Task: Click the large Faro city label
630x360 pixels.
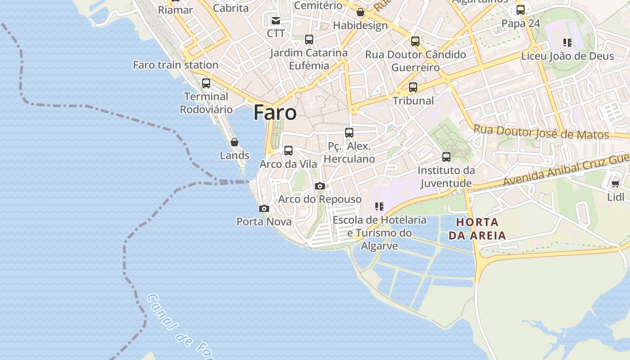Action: (275, 112)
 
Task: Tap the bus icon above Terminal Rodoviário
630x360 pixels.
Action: (206, 83)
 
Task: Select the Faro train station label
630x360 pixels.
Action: (175, 65)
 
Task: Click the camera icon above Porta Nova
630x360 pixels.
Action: (264, 208)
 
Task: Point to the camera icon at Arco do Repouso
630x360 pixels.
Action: (320, 186)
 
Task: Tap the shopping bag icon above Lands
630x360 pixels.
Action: (234, 143)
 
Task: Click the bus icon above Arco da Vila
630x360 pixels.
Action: (288, 151)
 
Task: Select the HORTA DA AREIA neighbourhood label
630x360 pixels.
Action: (477, 229)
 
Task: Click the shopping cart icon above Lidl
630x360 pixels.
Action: (616, 184)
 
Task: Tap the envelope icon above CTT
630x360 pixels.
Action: (275, 21)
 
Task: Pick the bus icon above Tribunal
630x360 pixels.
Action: (413, 87)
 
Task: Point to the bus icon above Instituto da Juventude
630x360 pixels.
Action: (446, 157)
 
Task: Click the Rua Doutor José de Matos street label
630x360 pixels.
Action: (541, 132)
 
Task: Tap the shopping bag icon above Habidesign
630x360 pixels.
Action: (360, 12)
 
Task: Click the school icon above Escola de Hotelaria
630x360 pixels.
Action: (379, 207)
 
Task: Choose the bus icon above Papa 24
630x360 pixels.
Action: (521, 10)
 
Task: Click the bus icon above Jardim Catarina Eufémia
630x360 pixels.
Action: (309, 40)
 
